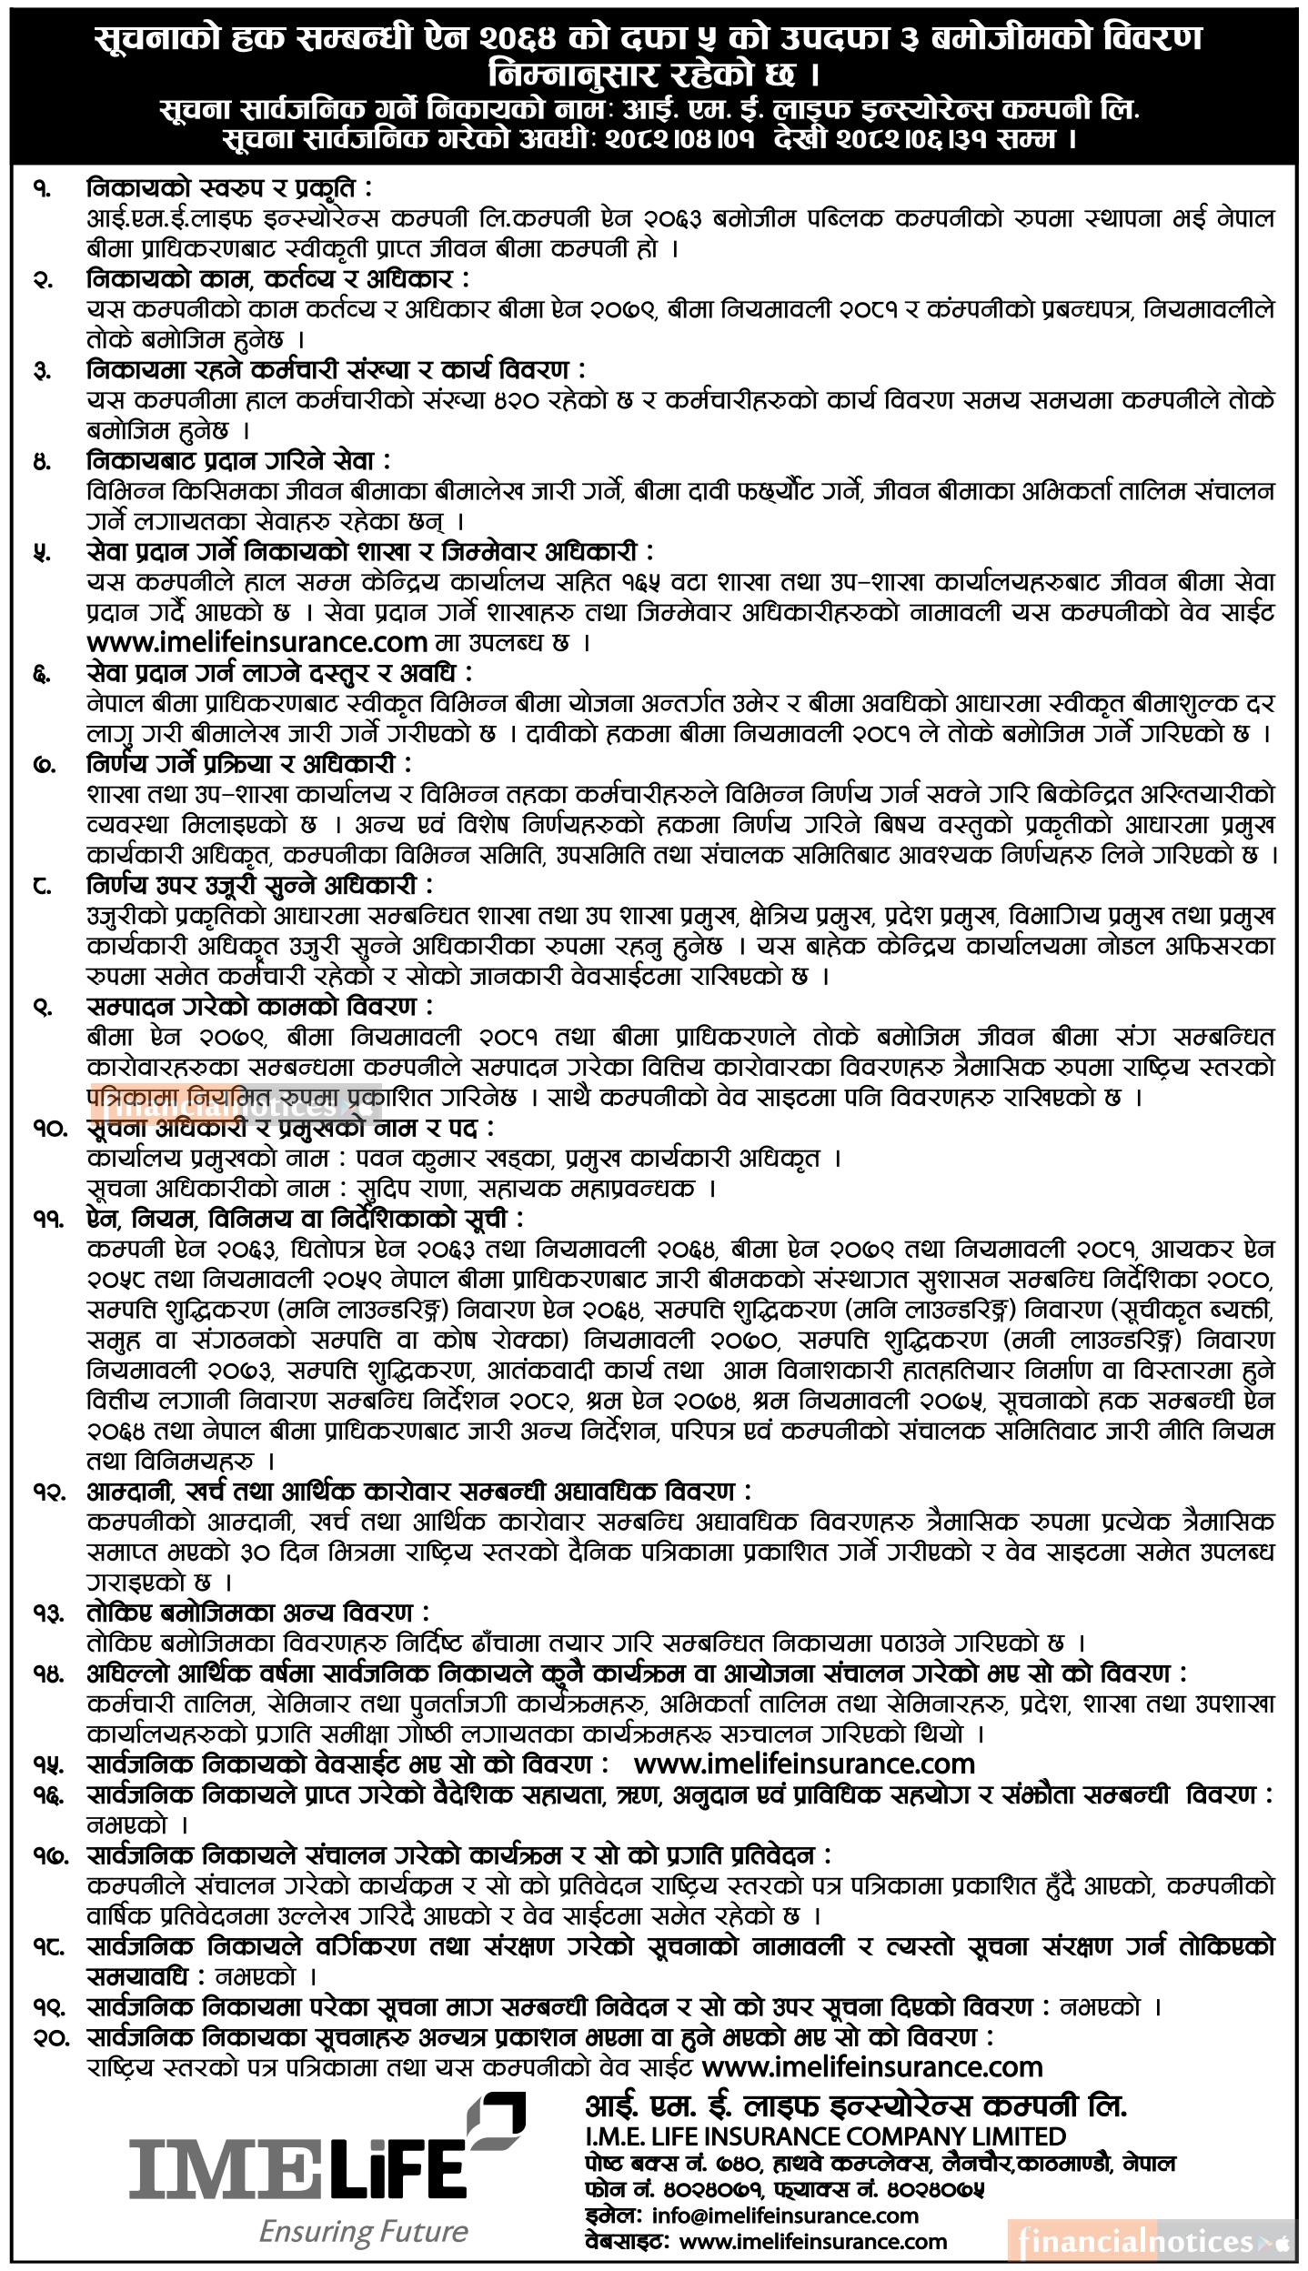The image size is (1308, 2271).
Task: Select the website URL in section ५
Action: point(257,642)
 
